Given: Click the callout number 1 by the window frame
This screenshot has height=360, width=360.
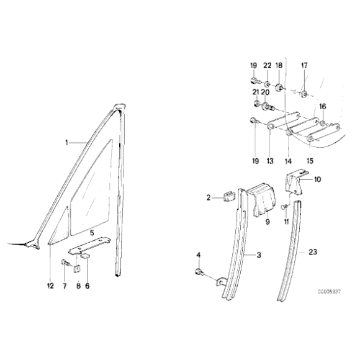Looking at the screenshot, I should tap(66, 142).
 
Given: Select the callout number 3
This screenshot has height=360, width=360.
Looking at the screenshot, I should tap(259, 254).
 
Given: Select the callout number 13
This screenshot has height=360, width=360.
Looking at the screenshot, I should tap(270, 161).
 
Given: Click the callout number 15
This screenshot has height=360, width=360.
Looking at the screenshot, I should tap(308, 161).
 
